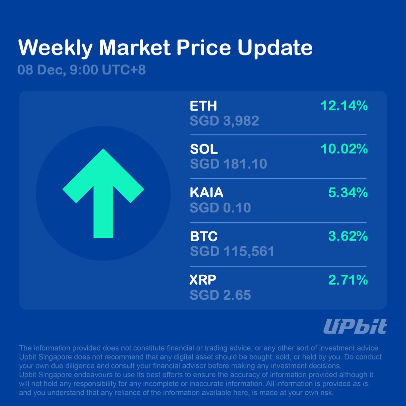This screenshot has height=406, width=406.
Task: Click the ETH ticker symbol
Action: pyautogui.click(x=203, y=106)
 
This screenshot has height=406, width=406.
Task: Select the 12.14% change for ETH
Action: pyautogui.click(x=344, y=106)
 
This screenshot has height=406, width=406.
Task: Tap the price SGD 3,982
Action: pyautogui.click(x=224, y=121)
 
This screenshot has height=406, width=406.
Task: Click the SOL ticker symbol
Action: pyautogui.click(x=204, y=149)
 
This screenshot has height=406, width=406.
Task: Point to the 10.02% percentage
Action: pyautogui.click(x=344, y=149)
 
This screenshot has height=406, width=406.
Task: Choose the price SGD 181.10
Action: pyautogui.click(x=228, y=164)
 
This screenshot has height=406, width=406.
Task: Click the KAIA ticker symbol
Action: pyautogui.click(x=206, y=193)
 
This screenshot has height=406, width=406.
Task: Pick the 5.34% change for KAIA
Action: pyautogui.click(x=348, y=193)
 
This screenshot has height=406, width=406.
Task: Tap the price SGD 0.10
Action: pyautogui.click(x=220, y=208)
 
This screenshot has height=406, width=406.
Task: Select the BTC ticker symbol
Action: pyautogui.click(x=204, y=236)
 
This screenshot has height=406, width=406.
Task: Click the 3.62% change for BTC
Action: pyautogui.click(x=348, y=236)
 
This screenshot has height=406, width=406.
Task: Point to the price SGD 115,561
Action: pyautogui.click(x=232, y=251)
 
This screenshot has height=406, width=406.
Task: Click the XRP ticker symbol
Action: pyautogui.click(x=203, y=280)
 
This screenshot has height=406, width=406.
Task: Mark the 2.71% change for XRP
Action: pyautogui.click(x=348, y=280)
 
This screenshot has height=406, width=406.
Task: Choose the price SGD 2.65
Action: pyautogui.click(x=220, y=295)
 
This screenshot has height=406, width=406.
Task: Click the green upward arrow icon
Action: pyautogui.click(x=103, y=193)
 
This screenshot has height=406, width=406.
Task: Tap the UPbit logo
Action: pyautogui.click(x=355, y=327)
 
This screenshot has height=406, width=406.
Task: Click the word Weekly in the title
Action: pyautogui.click(x=55, y=48)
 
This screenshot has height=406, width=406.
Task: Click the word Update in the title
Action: pyautogui.click(x=275, y=48)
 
